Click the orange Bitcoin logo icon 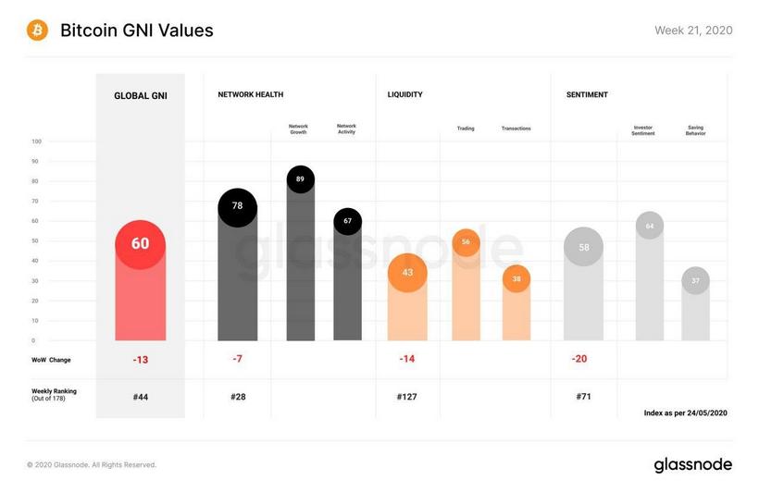(38, 31)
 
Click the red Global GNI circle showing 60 (140, 244)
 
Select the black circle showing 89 (301, 178)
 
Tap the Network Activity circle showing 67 (347, 221)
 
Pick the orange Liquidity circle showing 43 (407, 273)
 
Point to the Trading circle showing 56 (466, 241)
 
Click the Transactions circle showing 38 (516, 278)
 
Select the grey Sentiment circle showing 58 (583, 247)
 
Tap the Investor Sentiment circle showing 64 (650, 226)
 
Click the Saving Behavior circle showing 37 (695, 281)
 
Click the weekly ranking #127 (407, 397)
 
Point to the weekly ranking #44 (140, 397)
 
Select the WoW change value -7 (237, 359)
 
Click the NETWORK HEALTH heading (250, 94)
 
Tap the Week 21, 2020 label (693, 31)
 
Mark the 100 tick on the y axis (36, 141)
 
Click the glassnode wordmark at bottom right (692, 464)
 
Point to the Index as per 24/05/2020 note (685, 412)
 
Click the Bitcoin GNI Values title (136, 31)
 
